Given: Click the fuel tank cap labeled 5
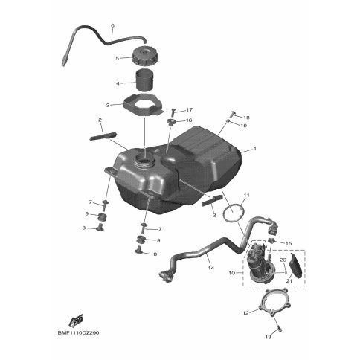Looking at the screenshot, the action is (144, 57).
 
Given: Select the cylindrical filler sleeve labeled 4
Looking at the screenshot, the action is (146, 80).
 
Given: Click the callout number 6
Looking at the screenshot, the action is (113, 25).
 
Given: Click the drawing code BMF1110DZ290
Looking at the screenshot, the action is (78, 332).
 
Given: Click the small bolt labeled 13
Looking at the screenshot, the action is (280, 329).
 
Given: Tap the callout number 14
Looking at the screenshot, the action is (211, 268).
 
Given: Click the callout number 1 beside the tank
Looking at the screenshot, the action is (254, 149).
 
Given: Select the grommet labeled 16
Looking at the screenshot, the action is (170, 122).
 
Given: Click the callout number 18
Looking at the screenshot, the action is (246, 118).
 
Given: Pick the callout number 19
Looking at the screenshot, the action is (244, 126).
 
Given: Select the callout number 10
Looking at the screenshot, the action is (231, 273).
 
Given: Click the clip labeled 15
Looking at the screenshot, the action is (271, 240).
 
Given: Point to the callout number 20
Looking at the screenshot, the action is (283, 260).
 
